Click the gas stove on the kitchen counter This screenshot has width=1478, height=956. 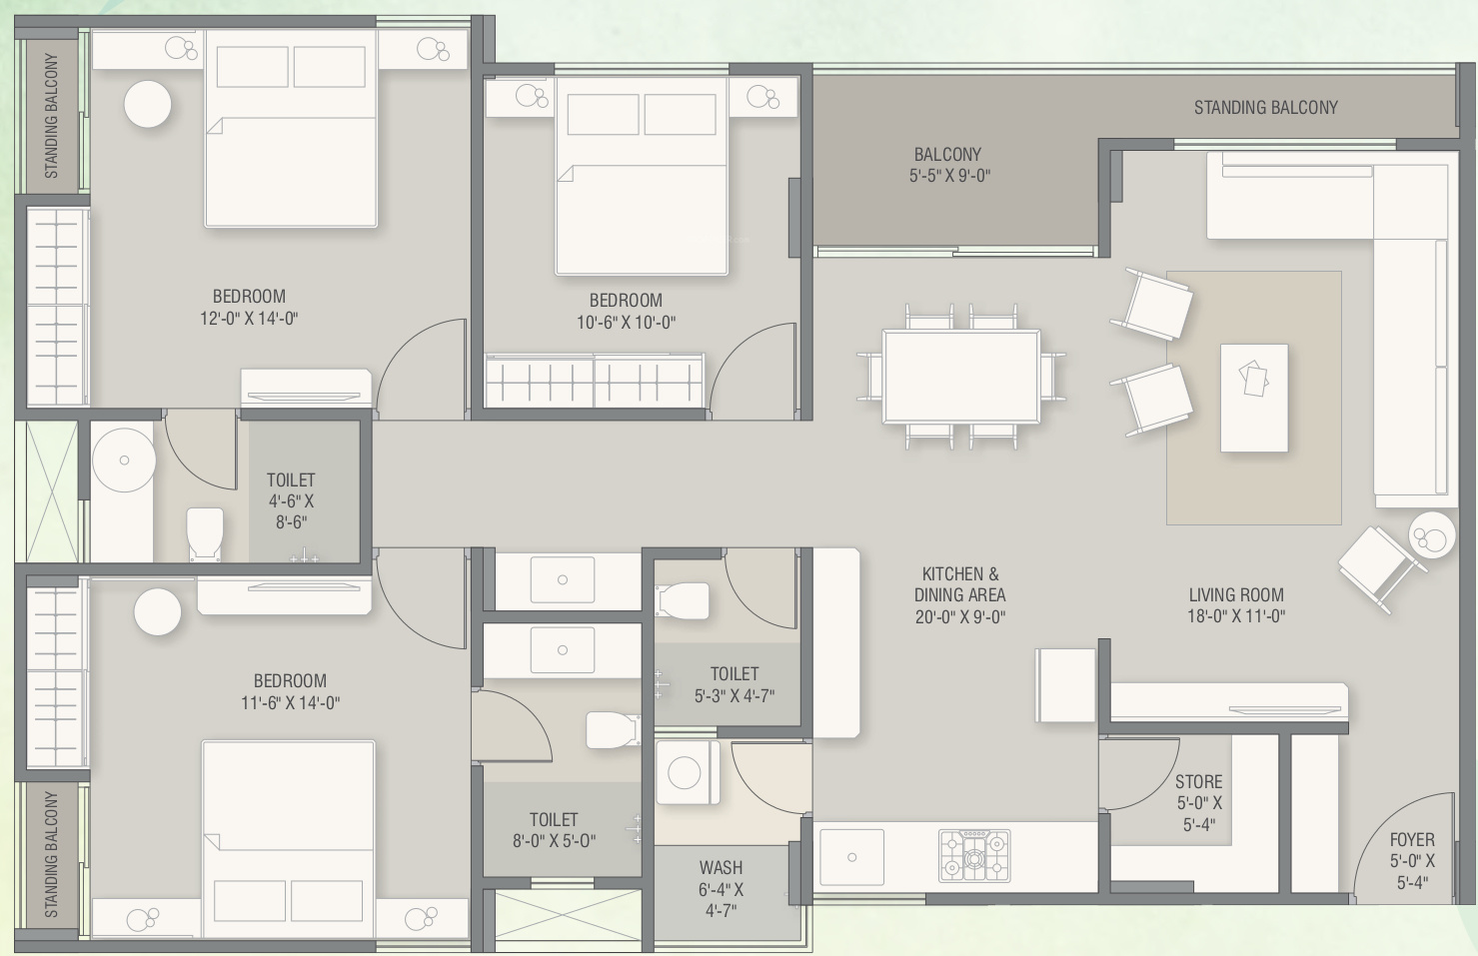974,856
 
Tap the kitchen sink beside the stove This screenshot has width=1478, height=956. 851,857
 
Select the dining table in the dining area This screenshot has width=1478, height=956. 961,377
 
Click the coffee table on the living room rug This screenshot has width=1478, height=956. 1254,398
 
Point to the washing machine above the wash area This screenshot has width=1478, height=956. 688,771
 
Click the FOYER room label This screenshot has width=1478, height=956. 1412,840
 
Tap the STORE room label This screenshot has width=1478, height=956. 1198,782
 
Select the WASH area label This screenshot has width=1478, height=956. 721,867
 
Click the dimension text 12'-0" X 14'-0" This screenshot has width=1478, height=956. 249,319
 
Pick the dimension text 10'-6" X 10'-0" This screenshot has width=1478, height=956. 627,323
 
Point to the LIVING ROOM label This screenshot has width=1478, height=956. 1236,594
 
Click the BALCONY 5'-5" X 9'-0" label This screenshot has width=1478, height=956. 948,165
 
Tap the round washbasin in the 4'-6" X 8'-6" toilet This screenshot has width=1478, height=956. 124,461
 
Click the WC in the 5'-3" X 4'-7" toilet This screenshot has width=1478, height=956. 683,600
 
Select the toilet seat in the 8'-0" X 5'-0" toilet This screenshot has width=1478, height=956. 613,729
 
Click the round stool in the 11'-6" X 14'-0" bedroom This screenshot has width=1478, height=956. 158,611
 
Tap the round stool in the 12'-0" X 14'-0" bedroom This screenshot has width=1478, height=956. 148,104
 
